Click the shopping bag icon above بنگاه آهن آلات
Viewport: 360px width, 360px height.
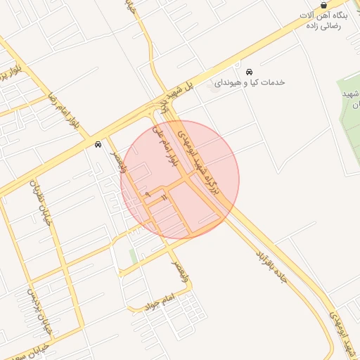pyautogui.click(x=323, y=5)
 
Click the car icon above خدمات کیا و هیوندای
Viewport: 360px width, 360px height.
pyautogui.click(x=249, y=72)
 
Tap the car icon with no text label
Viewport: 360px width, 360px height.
pyautogui.click(x=97, y=144)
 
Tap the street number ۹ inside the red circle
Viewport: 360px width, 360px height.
pyautogui.click(x=148, y=193)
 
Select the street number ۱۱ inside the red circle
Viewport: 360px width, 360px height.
pyautogui.click(x=163, y=200)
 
